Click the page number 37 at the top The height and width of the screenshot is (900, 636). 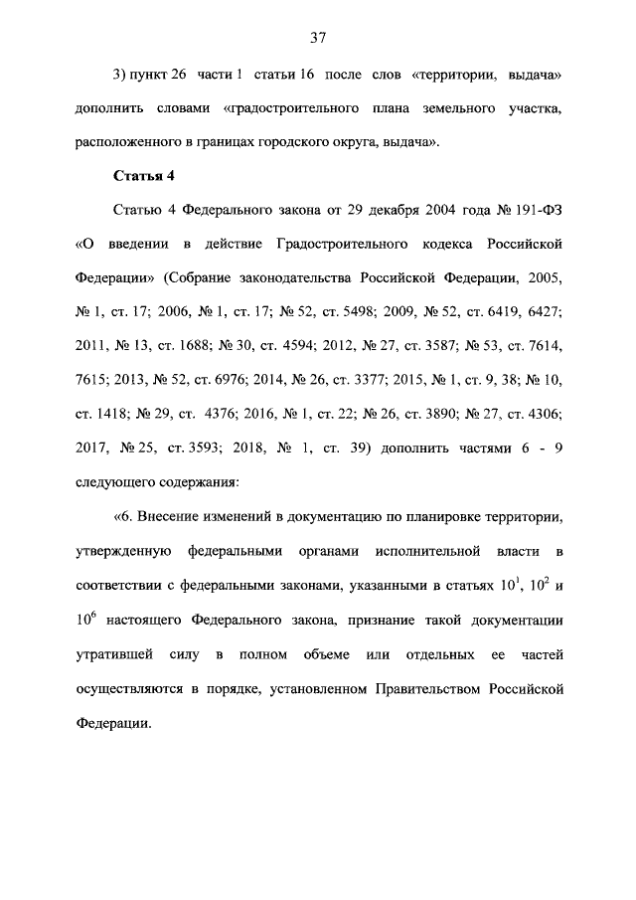(x=318, y=39)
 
